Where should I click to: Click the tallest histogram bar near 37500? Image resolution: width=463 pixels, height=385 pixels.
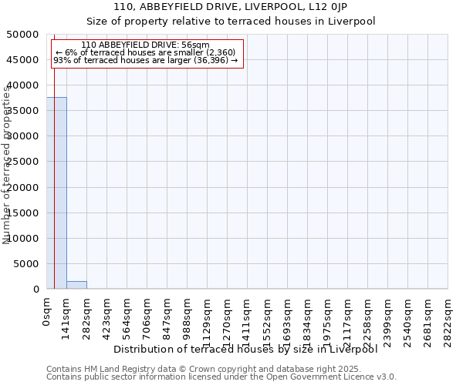[56, 192]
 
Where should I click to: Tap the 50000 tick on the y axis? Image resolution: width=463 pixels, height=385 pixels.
[25, 35]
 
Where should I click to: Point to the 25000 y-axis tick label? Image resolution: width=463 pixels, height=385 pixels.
[25, 162]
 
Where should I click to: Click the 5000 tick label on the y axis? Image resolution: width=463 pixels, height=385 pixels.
[29, 264]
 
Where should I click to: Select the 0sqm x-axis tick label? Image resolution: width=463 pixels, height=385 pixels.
[47, 308]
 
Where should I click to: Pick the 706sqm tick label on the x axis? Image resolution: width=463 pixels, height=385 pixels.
[147, 314]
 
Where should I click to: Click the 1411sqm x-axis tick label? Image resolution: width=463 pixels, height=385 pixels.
[248, 317]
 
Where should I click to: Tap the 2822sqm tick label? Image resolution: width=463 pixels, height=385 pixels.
[448, 317]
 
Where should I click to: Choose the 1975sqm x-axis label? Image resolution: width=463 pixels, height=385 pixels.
[328, 317]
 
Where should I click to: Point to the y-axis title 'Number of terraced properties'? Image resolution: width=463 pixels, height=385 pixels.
[8, 166]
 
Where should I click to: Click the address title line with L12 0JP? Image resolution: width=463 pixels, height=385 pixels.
[231, 7]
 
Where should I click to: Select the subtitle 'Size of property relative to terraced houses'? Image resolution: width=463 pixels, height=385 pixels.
[231, 21]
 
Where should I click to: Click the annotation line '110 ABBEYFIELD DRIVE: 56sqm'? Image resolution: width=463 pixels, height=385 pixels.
[144, 45]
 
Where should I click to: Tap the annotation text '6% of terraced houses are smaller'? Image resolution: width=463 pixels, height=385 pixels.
[145, 52]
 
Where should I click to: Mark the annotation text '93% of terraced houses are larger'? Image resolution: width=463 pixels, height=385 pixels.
[146, 60]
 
